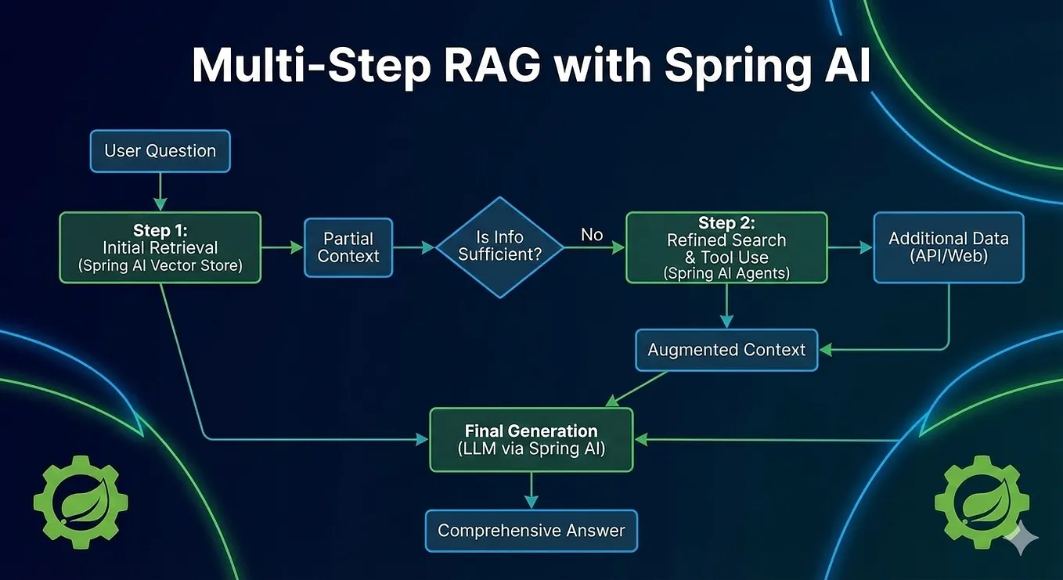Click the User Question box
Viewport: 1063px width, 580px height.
[160, 151]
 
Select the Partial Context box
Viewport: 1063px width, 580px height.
[348, 247]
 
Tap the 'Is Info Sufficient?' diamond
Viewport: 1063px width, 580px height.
[499, 247]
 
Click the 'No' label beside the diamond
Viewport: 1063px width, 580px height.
[592, 235]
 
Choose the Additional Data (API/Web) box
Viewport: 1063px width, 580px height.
[948, 247]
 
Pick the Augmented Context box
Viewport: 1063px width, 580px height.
[726, 350]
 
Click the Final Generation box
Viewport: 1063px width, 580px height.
[531, 440]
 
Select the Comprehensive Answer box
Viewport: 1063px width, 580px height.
[531, 531]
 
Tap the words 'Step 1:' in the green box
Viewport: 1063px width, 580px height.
[160, 230]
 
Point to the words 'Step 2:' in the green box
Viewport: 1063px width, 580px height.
[726, 223]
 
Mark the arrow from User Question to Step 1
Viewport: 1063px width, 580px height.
[160, 193]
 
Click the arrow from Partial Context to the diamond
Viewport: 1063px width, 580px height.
[413, 247]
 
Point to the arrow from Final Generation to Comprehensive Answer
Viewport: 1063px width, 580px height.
[531, 491]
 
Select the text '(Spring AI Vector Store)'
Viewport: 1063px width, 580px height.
[160, 265]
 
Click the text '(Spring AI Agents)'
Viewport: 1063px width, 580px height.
[726, 273]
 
